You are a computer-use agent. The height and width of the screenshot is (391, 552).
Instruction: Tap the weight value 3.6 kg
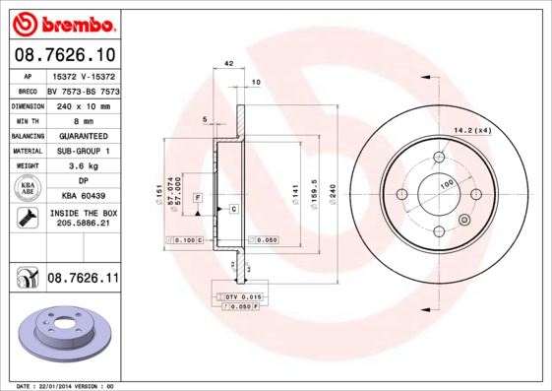(x=82, y=166)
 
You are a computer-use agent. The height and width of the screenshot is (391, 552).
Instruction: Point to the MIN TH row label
(x=27, y=120)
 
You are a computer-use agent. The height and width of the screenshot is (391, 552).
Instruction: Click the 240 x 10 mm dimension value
(x=83, y=104)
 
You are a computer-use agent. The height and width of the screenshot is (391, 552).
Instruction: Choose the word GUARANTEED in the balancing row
(x=83, y=135)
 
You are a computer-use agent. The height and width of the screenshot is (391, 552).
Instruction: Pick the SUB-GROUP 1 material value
(x=83, y=151)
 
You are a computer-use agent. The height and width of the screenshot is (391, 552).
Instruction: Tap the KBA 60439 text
(x=83, y=197)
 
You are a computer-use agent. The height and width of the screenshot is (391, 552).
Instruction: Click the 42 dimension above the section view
(x=228, y=63)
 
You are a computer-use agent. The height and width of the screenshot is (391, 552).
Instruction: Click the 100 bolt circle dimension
(x=446, y=183)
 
